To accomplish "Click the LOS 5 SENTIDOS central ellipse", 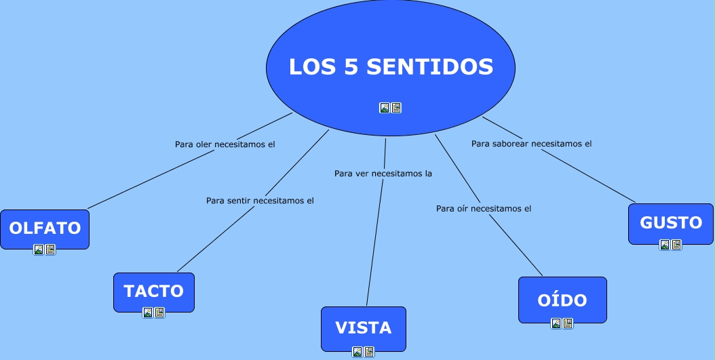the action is (x=390, y=41).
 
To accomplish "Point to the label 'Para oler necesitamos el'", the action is (x=225, y=144).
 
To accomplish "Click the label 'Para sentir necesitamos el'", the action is (x=260, y=201).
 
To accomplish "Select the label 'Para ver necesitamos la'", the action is (x=383, y=174).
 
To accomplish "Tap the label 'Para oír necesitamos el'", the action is (x=484, y=209).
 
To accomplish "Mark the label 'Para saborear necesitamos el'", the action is (x=532, y=144).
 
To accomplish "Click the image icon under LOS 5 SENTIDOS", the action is (x=385, y=108).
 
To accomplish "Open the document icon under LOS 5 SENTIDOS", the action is (x=396, y=108).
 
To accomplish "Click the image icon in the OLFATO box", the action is (x=39, y=249).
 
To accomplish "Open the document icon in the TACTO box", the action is (x=159, y=313).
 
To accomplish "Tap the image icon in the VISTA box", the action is (x=357, y=352).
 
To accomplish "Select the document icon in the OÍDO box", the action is (x=568, y=323).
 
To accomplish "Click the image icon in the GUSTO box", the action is (x=665, y=245).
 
